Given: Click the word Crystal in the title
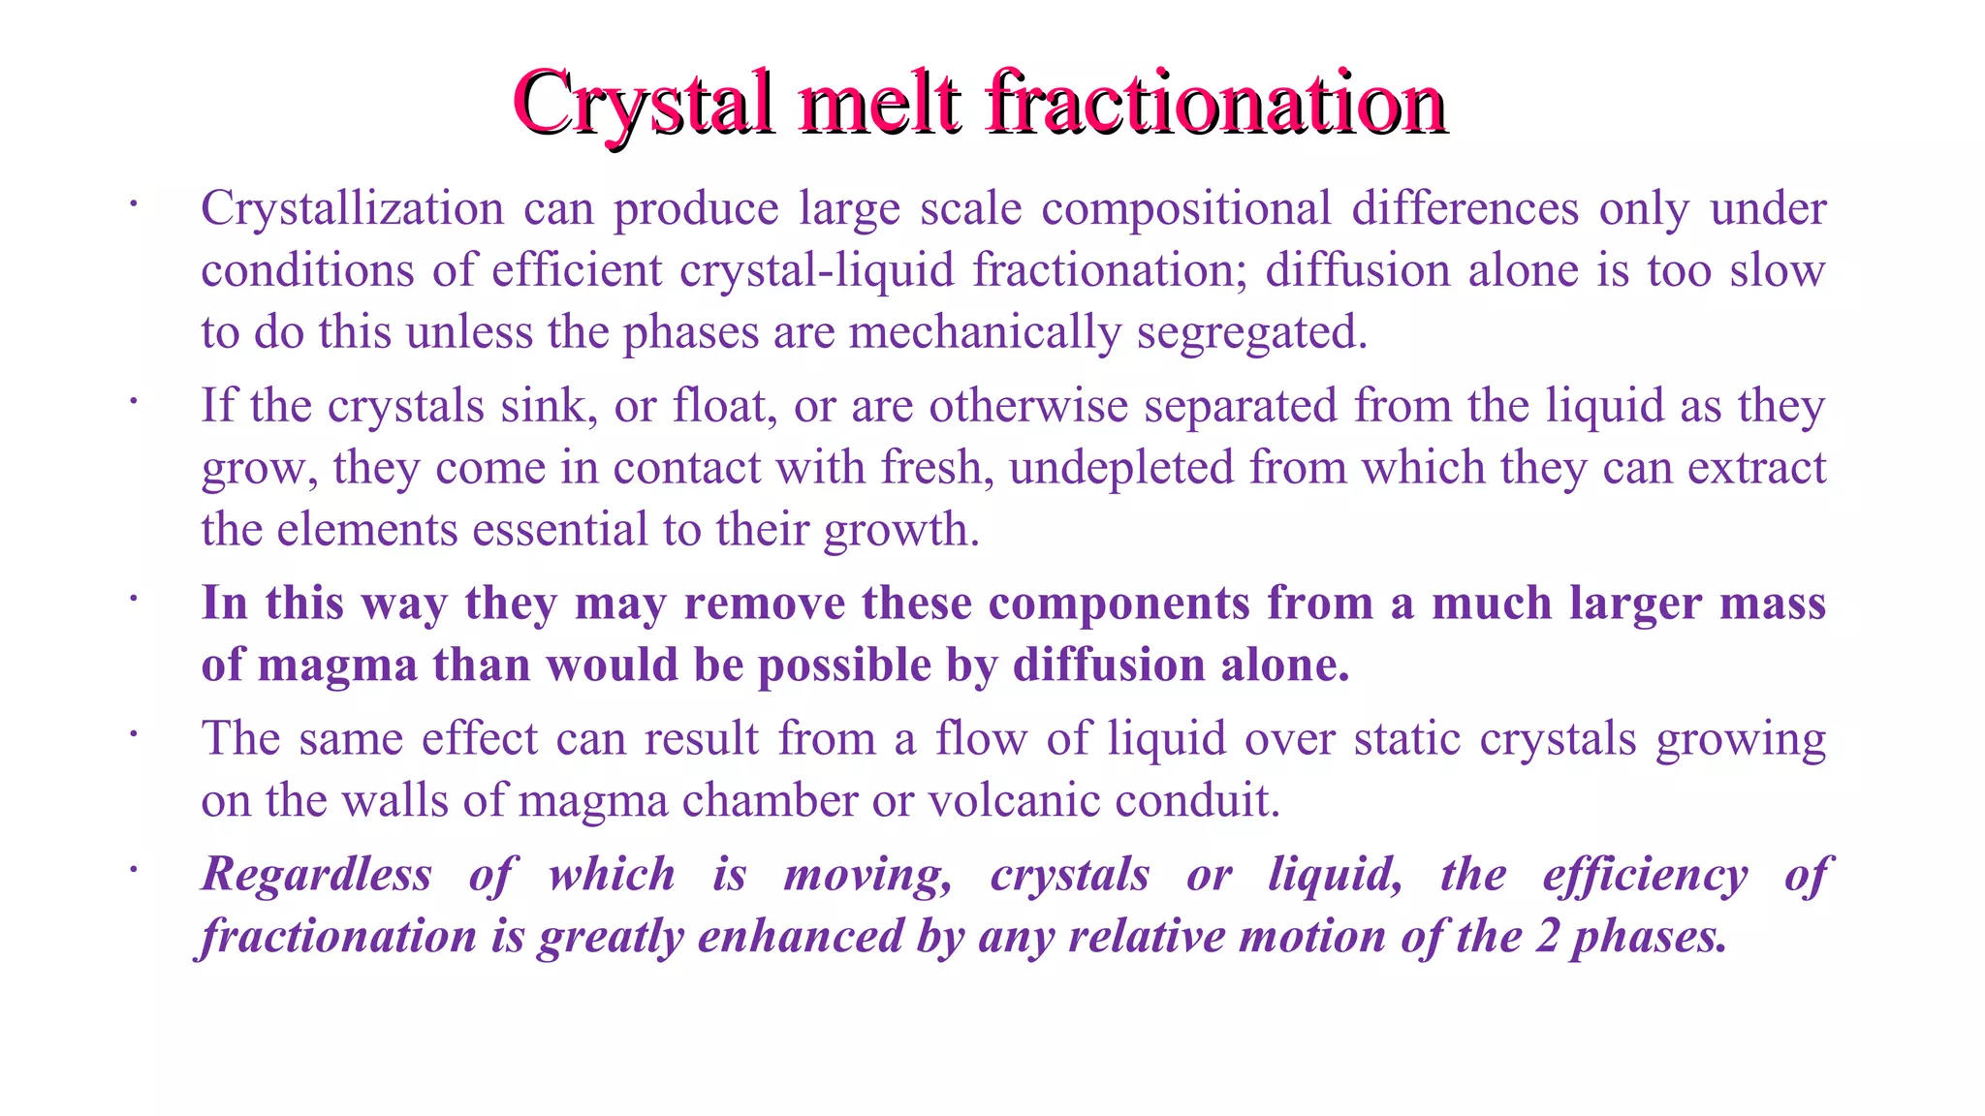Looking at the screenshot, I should click(644, 103).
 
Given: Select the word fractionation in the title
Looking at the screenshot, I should click(1216, 103).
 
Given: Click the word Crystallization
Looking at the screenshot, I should click(352, 209).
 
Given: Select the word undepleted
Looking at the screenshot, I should click(1120, 468).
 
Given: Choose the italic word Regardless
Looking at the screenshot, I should click(317, 875).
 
